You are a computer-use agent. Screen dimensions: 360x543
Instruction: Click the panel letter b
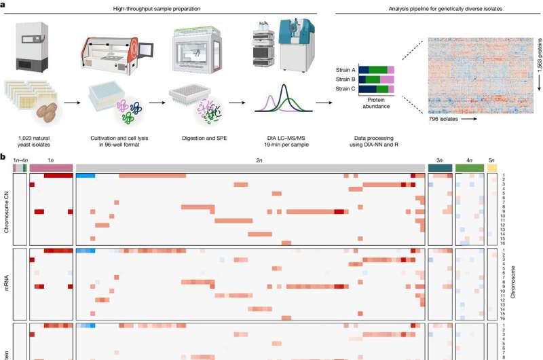pyautogui.click(x=4, y=158)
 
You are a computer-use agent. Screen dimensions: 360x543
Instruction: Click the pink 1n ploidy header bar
pyautogui.click(x=51, y=167)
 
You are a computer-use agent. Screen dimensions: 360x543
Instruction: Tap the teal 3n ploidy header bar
pyautogui.click(x=439, y=167)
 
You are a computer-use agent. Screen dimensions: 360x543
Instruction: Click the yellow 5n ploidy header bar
pyautogui.click(x=493, y=167)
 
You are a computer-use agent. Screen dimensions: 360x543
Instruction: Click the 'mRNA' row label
pyautogui.click(x=7, y=282)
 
